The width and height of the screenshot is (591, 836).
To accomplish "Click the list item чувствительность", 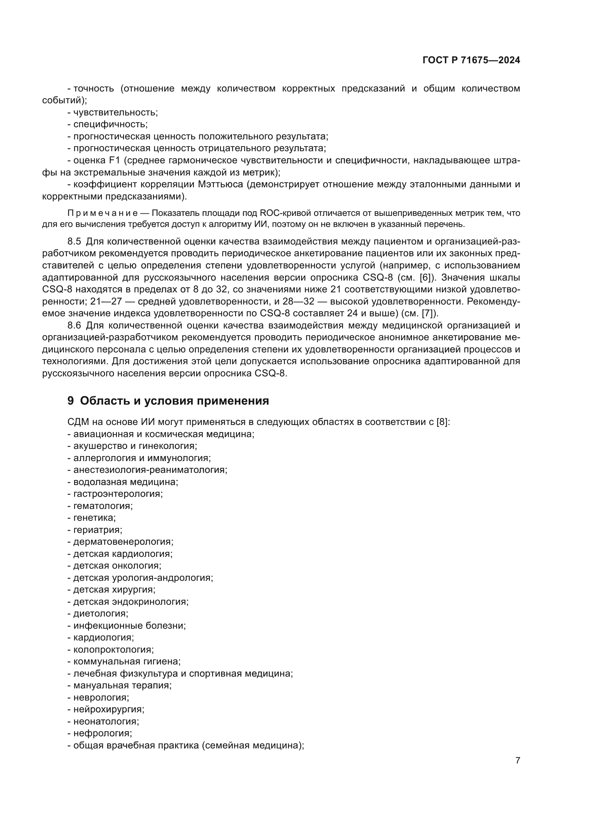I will coord(115,113).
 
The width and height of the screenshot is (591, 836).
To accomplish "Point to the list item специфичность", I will coord(110,124).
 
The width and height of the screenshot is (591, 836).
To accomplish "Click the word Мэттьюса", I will coord(220,184).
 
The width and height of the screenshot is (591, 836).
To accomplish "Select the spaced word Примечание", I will coord(103,213).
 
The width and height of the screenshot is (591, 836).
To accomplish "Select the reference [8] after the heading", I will coord(442,422).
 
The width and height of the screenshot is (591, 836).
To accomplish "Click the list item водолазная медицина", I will coord(125,482).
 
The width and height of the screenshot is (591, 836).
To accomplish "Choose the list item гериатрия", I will coord(98,530).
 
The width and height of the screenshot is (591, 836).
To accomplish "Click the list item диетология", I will coord(100,614).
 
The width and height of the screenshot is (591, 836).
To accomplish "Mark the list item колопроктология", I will coord(113,649).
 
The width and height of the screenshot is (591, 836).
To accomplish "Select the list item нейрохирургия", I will coord(109,709).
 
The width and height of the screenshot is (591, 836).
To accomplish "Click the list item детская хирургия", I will coord(114,589).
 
